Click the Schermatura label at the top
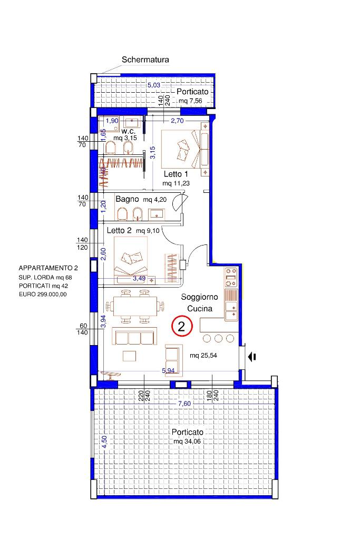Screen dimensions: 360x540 [x=145, y=60]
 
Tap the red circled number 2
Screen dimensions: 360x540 [x=181, y=326]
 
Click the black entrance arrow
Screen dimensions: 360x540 [x=252, y=357]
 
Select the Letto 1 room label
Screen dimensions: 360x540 [x=176, y=174]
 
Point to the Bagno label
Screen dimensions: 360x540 [x=127, y=199]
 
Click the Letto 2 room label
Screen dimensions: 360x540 [x=119, y=230]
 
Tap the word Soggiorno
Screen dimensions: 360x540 [x=199, y=297]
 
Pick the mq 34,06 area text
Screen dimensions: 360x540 [x=187, y=441]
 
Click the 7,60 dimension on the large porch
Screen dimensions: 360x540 [x=184, y=404]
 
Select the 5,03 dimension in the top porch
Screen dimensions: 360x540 [x=154, y=85]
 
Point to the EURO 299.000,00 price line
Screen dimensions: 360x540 [x=43, y=294]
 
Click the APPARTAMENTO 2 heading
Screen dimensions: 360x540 [x=48, y=268]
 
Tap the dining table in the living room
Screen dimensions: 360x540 [x=135, y=306]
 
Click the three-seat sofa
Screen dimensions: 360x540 [x=135, y=336]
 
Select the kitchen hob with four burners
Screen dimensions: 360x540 [x=231, y=278]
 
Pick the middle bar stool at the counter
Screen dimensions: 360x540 [x=218, y=339]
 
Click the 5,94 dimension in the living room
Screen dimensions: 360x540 [x=168, y=370]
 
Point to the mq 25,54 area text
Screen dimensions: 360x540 [x=203, y=356]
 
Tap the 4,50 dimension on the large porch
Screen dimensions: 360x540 [x=104, y=442]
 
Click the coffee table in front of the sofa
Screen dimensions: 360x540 [x=129, y=356]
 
